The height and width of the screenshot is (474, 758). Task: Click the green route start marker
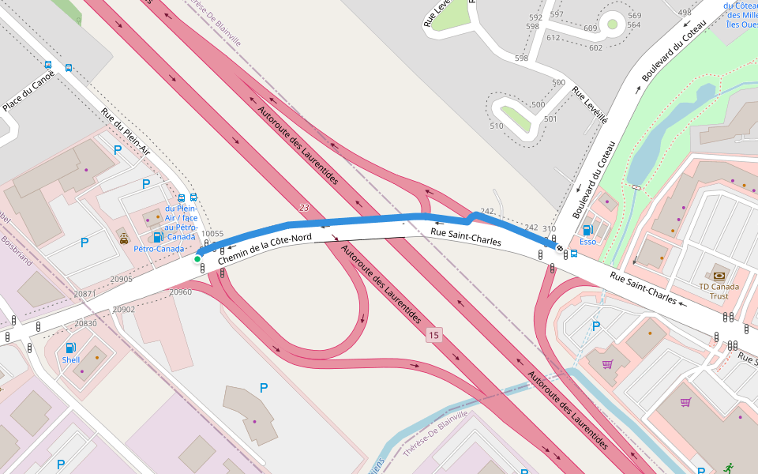197,258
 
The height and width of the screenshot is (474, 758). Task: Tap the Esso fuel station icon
587,230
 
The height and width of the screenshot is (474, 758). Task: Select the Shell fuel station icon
70,348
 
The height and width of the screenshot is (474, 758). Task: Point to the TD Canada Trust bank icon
719,275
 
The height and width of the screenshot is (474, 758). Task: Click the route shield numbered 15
433,336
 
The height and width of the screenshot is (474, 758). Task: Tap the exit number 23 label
304,208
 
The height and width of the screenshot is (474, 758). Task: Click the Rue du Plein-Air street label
126,130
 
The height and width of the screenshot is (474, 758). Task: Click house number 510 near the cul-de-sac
496,126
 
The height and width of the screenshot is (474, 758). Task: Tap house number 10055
212,234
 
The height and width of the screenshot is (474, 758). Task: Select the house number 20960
180,292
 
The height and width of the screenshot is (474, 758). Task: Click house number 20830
85,324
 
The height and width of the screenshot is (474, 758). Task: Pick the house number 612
553,37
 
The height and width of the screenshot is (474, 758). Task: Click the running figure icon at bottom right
727,468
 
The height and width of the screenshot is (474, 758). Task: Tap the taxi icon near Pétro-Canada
123,236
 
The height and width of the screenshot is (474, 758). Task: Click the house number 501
550,119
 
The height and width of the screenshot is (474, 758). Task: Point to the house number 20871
84,294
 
